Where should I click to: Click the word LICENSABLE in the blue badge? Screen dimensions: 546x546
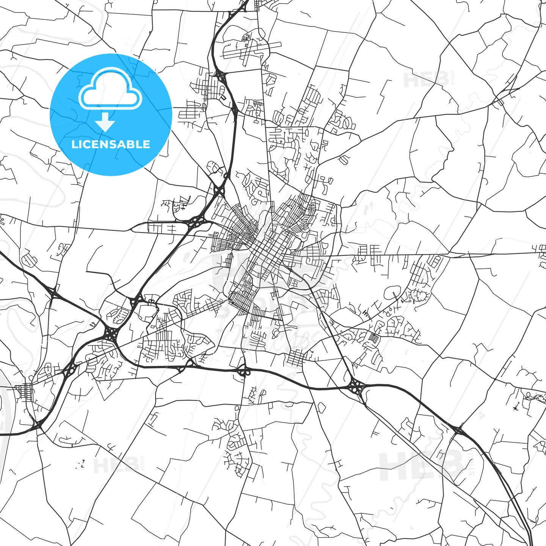(x=111, y=144)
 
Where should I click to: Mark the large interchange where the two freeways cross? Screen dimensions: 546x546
(x=111, y=334)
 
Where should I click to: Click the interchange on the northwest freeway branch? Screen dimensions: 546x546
(x=52, y=293)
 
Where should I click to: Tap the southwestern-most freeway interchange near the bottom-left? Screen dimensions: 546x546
(x=38, y=425)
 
